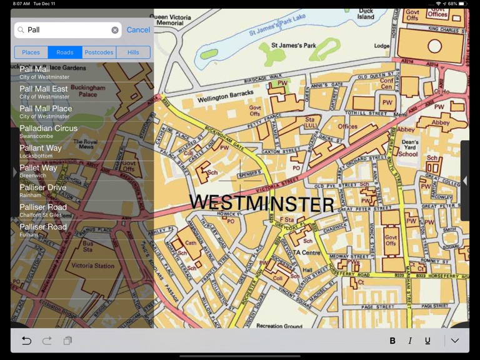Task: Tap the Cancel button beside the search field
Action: coord(138,30)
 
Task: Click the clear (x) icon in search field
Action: coord(115,30)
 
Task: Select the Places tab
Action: coord(31,52)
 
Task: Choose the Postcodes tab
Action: coord(99,52)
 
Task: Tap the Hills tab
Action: coord(133,52)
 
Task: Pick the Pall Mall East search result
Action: coord(44,92)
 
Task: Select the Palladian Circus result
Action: coord(48,131)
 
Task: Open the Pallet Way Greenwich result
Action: coord(38,171)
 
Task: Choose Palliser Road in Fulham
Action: coord(43,230)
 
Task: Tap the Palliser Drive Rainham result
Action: coord(42,191)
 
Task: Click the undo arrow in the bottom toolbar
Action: coord(26,341)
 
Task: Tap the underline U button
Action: coord(427,341)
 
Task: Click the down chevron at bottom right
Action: coord(455,341)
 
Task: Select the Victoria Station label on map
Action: coord(93,266)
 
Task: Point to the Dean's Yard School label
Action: coord(408,148)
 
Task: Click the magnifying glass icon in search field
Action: coord(21,30)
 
